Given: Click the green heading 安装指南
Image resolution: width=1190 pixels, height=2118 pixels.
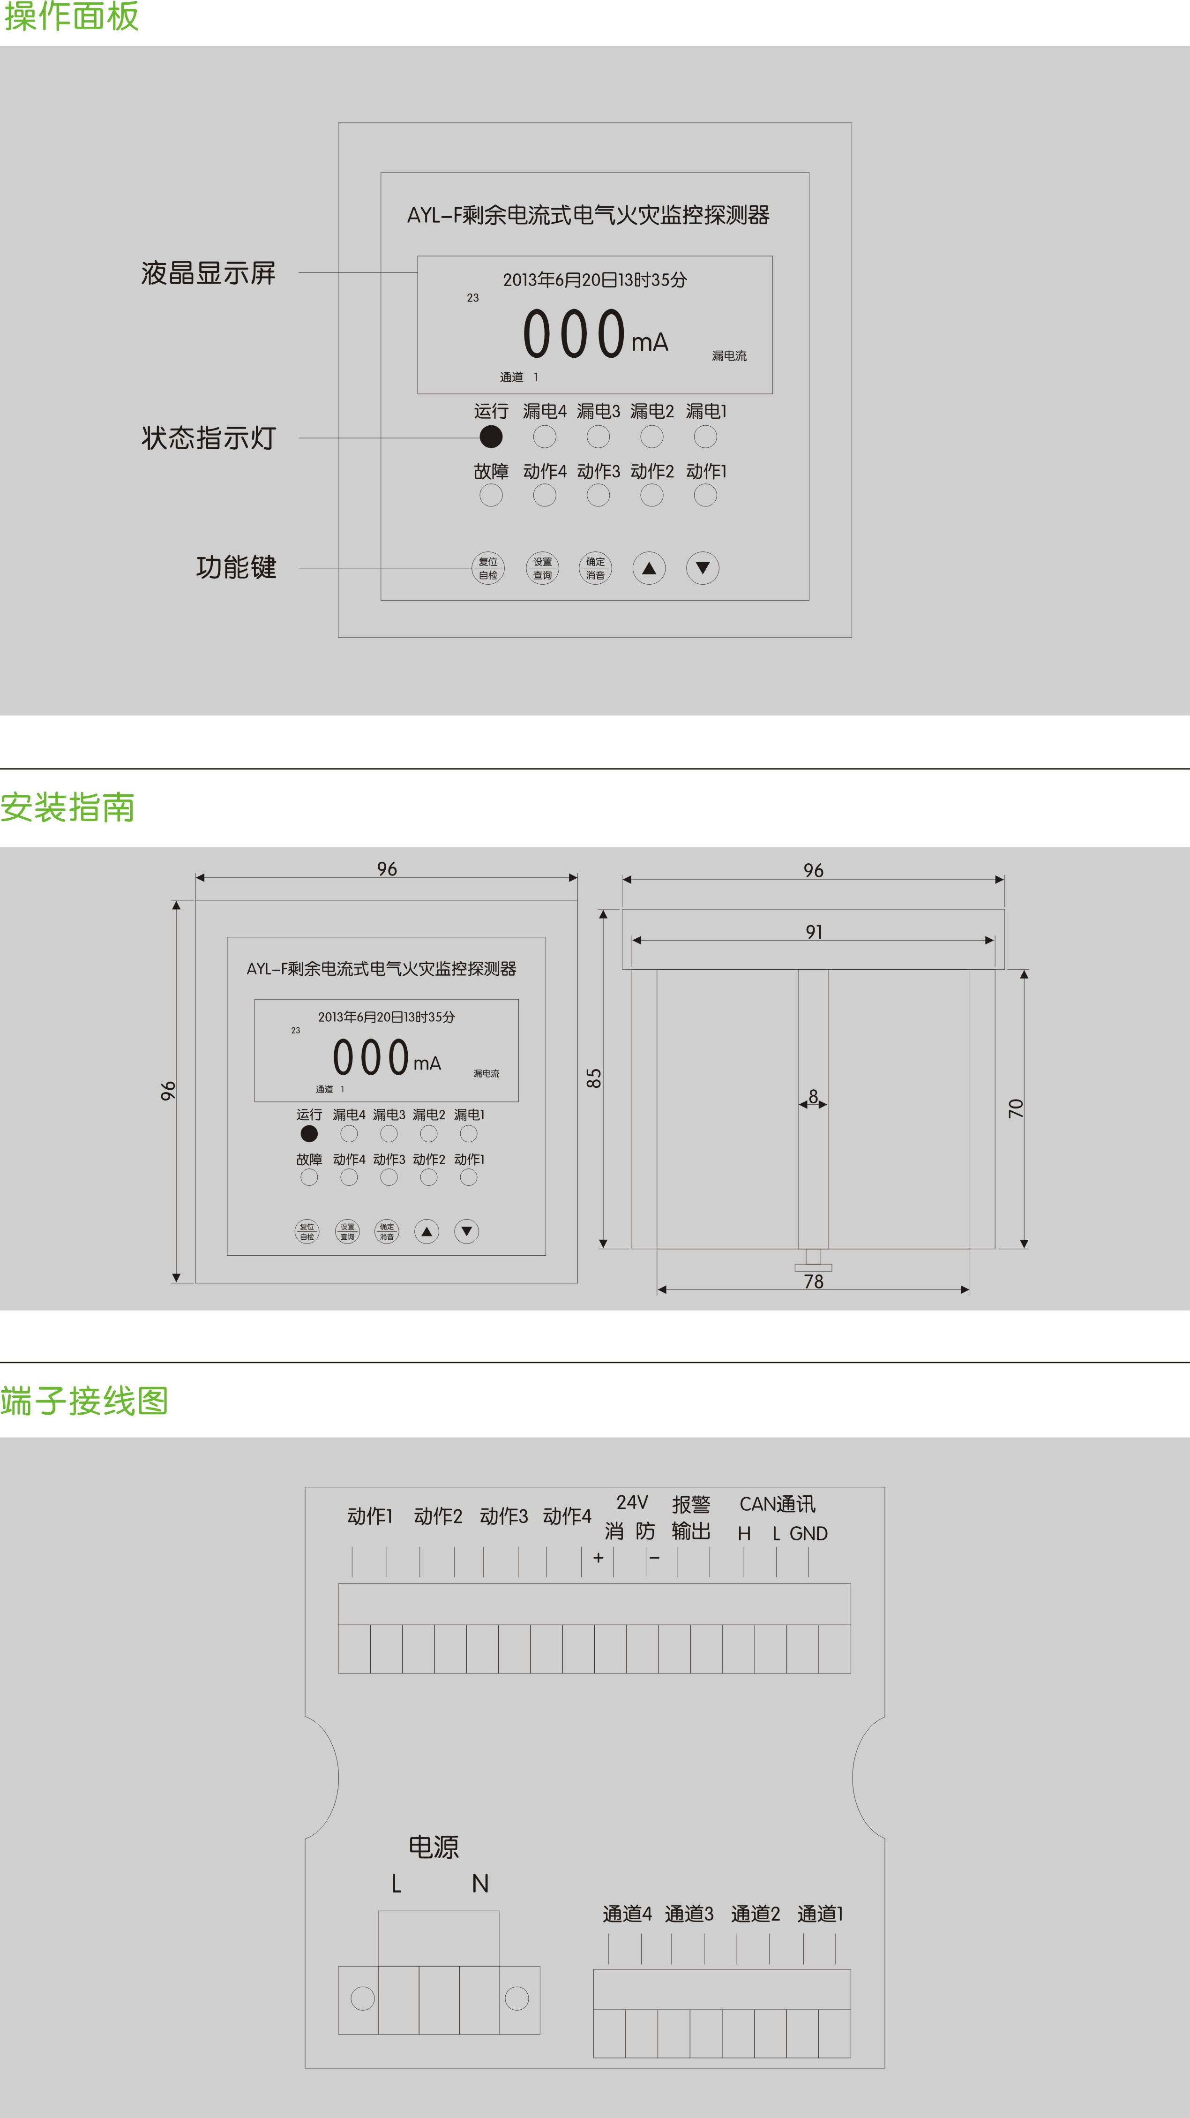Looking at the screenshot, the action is pyautogui.click(x=67, y=807).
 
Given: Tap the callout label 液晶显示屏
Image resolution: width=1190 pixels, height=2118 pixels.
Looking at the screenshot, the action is pyautogui.click(x=209, y=273).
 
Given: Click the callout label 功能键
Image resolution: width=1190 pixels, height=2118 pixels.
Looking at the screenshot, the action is pyautogui.click(x=236, y=567).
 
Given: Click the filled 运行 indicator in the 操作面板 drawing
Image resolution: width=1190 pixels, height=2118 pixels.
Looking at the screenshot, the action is pyautogui.click(x=491, y=437).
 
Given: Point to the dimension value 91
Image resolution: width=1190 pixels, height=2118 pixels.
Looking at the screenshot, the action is pyautogui.click(x=814, y=932).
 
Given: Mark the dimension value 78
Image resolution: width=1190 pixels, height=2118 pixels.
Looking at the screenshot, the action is pyautogui.click(x=814, y=1281).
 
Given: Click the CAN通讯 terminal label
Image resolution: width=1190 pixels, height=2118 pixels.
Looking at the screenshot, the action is pyautogui.click(x=778, y=1504).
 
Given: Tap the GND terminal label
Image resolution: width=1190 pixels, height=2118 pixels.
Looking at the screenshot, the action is pyautogui.click(x=808, y=1533).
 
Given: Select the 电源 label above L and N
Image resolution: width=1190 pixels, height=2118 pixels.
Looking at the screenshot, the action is pyautogui.click(x=434, y=1847).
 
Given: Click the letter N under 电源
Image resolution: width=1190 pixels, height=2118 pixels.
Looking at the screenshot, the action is pyautogui.click(x=481, y=1883).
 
